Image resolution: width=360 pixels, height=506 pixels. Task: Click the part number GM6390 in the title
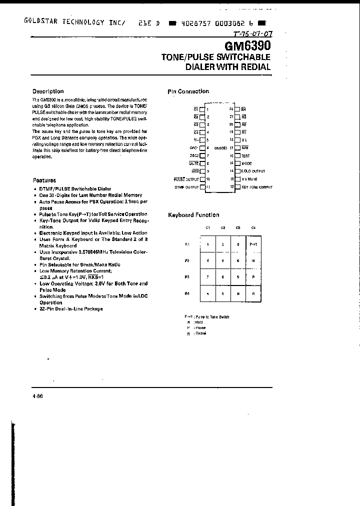click(244, 46)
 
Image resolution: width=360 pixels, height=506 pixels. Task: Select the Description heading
click(48, 91)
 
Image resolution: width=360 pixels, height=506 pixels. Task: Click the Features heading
click(44, 180)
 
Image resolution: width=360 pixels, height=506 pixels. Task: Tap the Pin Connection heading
click(188, 91)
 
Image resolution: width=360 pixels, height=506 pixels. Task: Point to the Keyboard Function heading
click(193, 215)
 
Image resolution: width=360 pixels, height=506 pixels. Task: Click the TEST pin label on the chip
click(246, 155)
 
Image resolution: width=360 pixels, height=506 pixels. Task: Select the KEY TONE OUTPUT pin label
click(256, 187)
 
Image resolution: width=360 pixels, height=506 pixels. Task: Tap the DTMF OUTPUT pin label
click(186, 187)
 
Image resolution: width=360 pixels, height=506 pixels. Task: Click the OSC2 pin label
click(193, 155)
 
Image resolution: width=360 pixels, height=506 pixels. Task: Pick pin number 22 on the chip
click(231, 108)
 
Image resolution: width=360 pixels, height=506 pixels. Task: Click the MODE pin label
click(247, 163)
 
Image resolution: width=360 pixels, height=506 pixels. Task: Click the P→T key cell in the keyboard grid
click(253, 244)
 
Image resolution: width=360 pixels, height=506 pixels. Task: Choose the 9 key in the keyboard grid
click(238, 276)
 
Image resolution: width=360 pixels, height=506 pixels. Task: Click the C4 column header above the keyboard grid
click(253, 228)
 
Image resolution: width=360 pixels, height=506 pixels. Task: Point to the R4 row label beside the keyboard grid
click(187, 293)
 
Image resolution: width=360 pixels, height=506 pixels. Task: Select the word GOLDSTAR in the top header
click(42, 22)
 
